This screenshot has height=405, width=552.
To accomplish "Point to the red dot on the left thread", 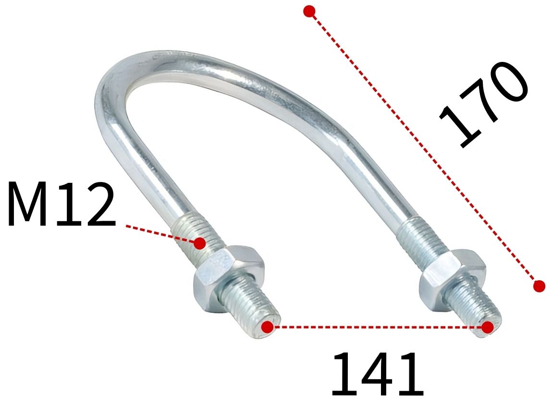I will point(200,243).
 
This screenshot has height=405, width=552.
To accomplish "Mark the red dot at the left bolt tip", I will point(268,327).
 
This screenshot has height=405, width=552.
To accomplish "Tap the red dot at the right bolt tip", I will point(488,327).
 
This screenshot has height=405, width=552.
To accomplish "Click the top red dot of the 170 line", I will point(309,11).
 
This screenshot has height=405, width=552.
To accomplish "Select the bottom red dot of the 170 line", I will point(539,286).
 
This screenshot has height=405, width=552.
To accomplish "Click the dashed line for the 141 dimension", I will point(378,327).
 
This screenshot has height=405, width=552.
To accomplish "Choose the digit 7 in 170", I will point(483,103).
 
